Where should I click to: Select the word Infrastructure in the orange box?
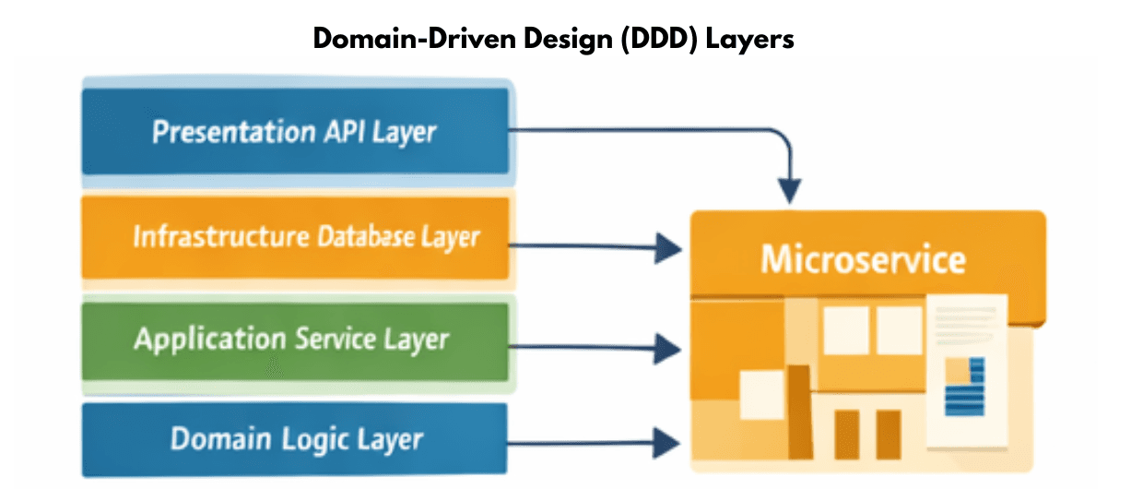[220, 236]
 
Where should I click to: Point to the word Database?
[365, 236]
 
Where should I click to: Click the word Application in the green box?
[209, 339]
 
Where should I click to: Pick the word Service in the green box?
[336, 339]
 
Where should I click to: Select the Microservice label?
[863, 259]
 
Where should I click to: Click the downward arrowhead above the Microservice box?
[787, 190]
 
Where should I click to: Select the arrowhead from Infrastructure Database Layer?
[669, 246]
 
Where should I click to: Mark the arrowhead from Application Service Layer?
[669, 348]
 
